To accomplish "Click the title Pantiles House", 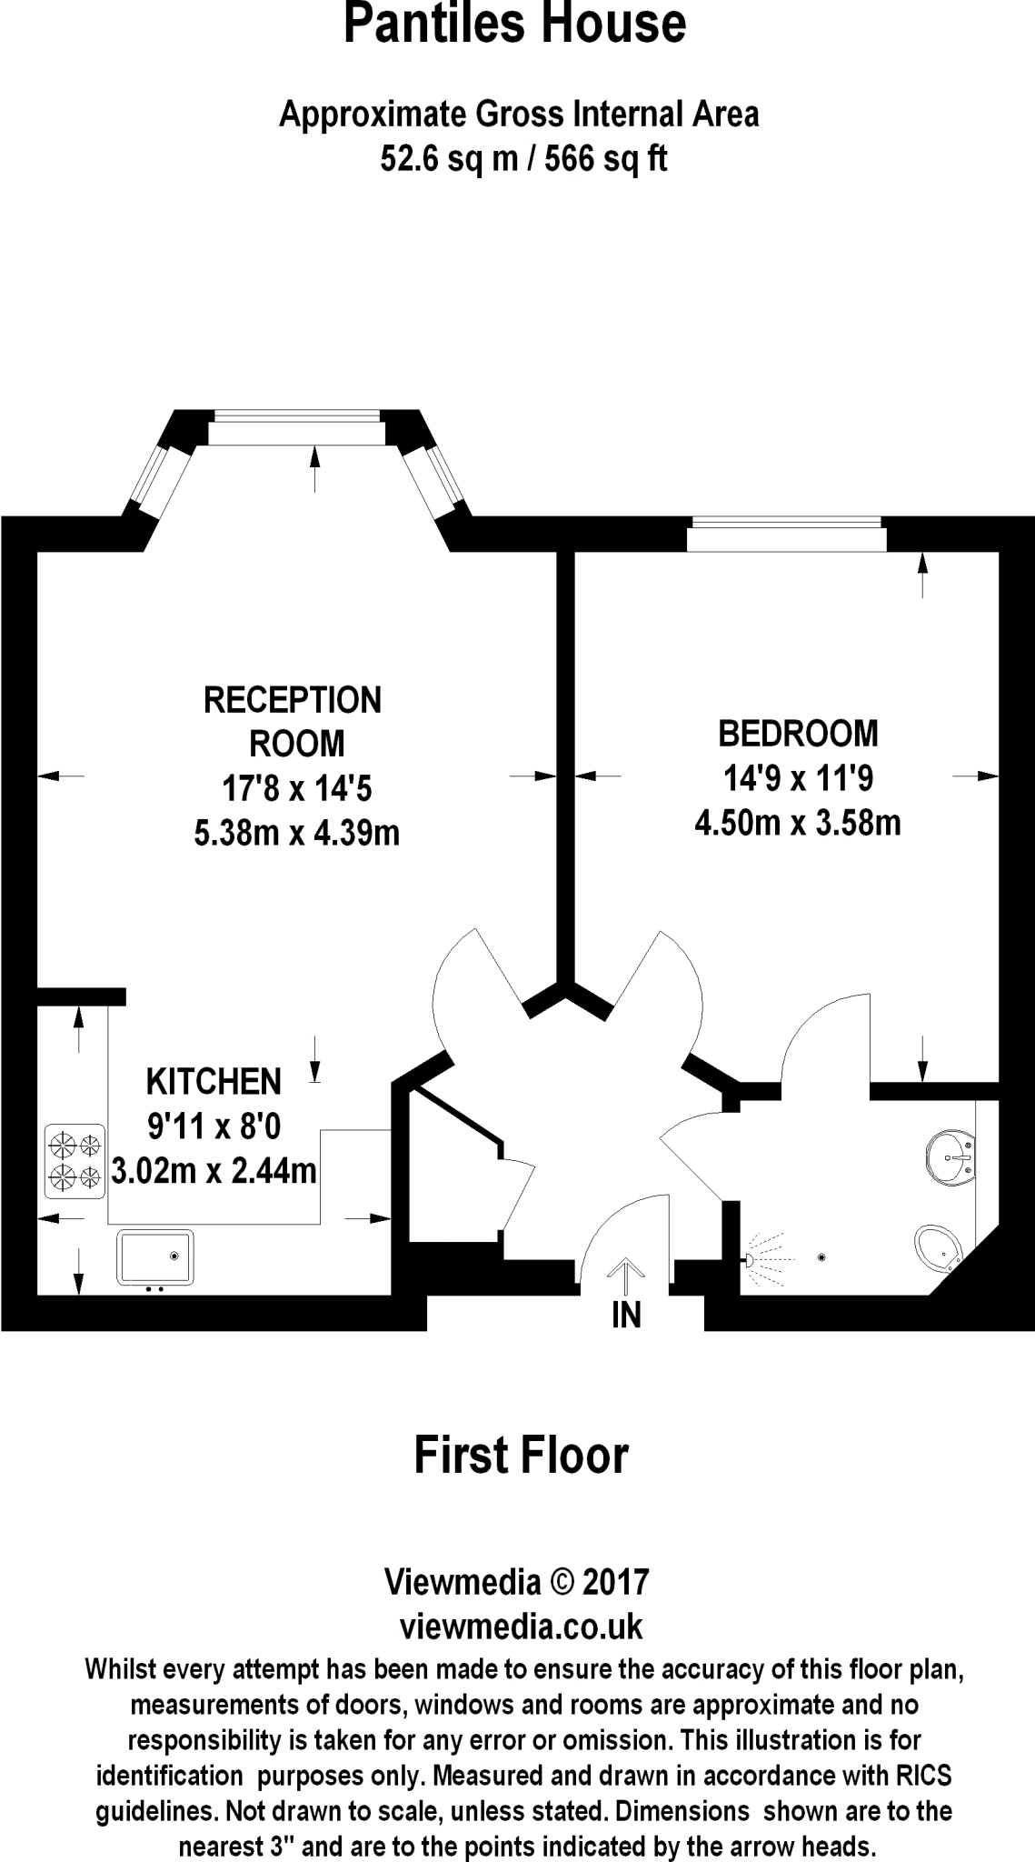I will pyautogui.click(x=514, y=25).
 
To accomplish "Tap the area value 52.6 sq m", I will pyautogui.click(x=443, y=160).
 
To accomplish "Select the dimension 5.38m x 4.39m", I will pyautogui.click(x=296, y=833).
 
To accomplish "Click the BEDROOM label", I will pyautogui.click(x=798, y=733).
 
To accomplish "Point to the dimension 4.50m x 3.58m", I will pyautogui.click(x=797, y=824).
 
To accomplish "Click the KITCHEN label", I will pyautogui.click(x=214, y=1082).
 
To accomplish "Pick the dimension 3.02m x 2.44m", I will pyautogui.click(x=214, y=1170).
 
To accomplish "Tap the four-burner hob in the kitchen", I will pyautogui.click(x=75, y=1161).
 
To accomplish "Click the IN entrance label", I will pyautogui.click(x=626, y=1316).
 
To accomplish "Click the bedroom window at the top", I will pyautogui.click(x=786, y=534).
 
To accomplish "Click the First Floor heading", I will pyautogui.click(x=521, y=1456).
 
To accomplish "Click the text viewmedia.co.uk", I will pyautogui.click(x=522, y=1627).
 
